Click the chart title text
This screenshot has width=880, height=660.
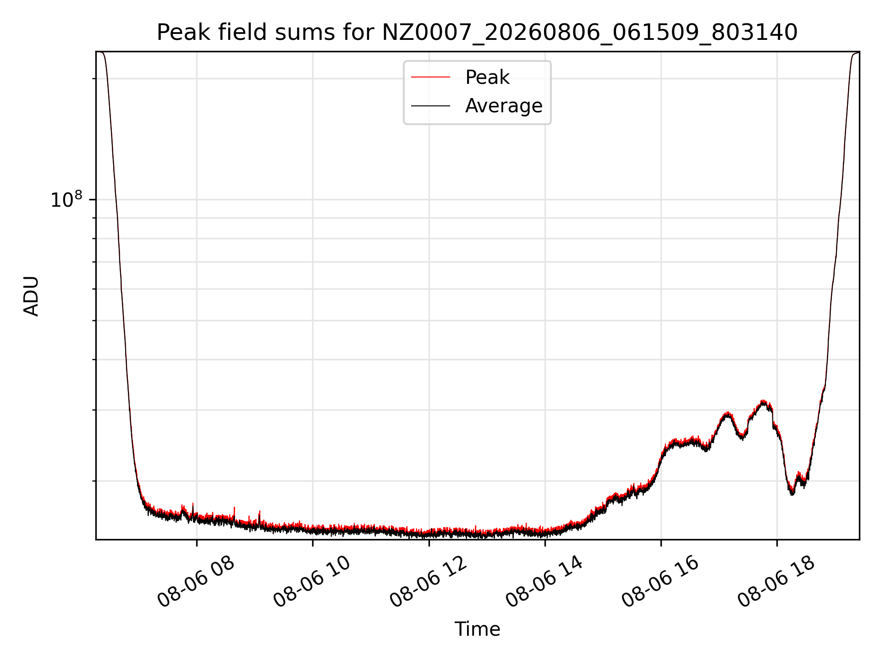coord(477,33)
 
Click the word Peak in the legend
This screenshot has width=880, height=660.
coord(487,77)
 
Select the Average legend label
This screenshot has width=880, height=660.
coord(504,106)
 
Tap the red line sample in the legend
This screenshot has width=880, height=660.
coord(430,77)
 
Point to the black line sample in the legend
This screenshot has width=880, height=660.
coord(430,106)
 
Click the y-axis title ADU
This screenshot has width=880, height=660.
coord(31,296)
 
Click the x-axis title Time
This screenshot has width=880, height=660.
coord(477,629)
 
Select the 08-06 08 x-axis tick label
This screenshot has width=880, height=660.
coord(196,582)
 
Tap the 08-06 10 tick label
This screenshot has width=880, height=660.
coord(312,582)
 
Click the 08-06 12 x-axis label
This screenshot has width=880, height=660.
coord(429,582)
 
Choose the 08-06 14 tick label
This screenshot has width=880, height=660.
coord(544,582)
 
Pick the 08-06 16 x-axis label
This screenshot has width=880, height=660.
coord(660,582)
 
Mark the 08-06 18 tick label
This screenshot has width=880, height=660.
coord(776,582)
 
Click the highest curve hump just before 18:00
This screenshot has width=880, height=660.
coord(763,402)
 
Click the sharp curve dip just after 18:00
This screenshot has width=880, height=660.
coord(792,493)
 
